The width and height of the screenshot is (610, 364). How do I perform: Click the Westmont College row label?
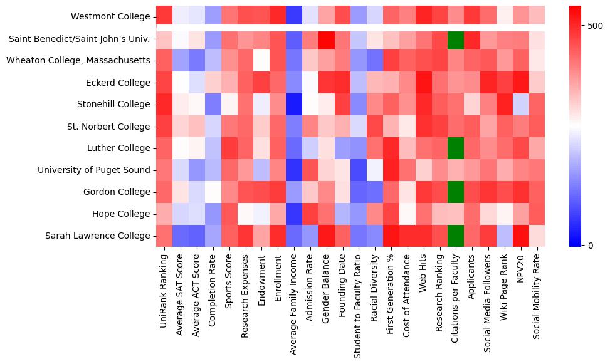click(110, 16)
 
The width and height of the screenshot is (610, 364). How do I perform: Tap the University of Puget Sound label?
click(94, 170)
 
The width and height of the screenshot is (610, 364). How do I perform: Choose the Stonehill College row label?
click(113, 104)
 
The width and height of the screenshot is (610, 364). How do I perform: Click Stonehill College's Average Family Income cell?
click(293, 104)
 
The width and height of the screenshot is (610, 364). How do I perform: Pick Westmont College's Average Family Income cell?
click(293, 16)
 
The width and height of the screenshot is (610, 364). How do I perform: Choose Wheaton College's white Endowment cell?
click(261, 60)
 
